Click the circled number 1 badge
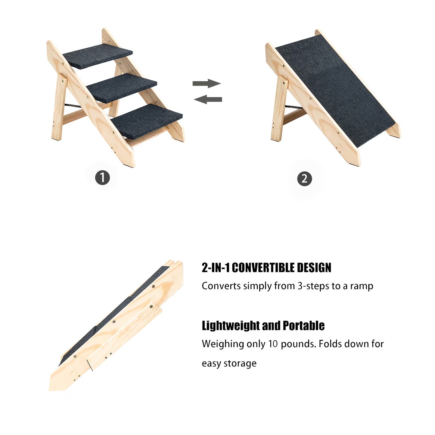point(102,178)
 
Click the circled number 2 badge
point(304,179)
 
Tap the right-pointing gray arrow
point(207,83)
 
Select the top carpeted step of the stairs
point(98,55)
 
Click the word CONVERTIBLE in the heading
point(264,268)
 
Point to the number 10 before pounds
point(273,344)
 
